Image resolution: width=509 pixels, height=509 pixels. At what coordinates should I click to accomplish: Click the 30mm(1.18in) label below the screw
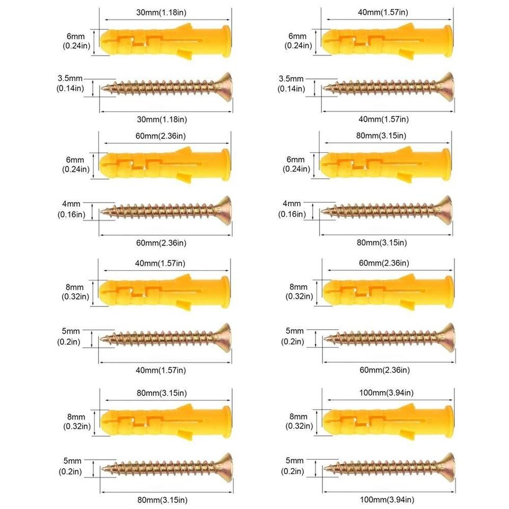162,119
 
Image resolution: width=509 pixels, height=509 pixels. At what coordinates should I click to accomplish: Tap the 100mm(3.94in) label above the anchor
387,393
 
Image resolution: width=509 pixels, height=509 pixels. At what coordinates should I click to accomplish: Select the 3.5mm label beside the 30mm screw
70,78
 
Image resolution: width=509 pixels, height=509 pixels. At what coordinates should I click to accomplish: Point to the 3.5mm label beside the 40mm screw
291,78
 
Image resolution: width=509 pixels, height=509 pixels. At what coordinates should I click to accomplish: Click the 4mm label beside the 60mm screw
71,204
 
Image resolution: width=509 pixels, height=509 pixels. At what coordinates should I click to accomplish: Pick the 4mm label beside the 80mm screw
292,204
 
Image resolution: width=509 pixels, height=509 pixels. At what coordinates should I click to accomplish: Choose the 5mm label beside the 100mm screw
294,460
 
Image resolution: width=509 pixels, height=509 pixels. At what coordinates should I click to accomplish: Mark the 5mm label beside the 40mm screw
71,331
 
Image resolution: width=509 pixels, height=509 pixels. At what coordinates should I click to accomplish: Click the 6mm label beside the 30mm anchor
76,37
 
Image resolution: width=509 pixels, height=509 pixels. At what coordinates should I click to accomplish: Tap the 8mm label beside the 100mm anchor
299,417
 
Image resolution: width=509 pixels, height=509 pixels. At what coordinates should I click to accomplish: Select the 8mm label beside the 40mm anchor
75,287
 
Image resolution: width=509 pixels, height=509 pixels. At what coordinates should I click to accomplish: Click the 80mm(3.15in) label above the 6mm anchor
381,136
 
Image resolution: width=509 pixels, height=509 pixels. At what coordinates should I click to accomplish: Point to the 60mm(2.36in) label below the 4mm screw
161,243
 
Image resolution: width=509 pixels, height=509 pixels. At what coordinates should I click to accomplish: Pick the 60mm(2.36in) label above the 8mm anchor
384,263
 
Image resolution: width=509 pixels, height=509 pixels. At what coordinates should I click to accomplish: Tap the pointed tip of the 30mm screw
102,88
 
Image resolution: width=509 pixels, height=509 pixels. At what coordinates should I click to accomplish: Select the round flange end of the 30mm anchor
226,41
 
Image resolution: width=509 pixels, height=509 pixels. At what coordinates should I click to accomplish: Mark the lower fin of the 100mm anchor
407,435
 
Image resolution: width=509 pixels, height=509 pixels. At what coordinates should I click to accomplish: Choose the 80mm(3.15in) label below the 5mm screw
162,500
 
